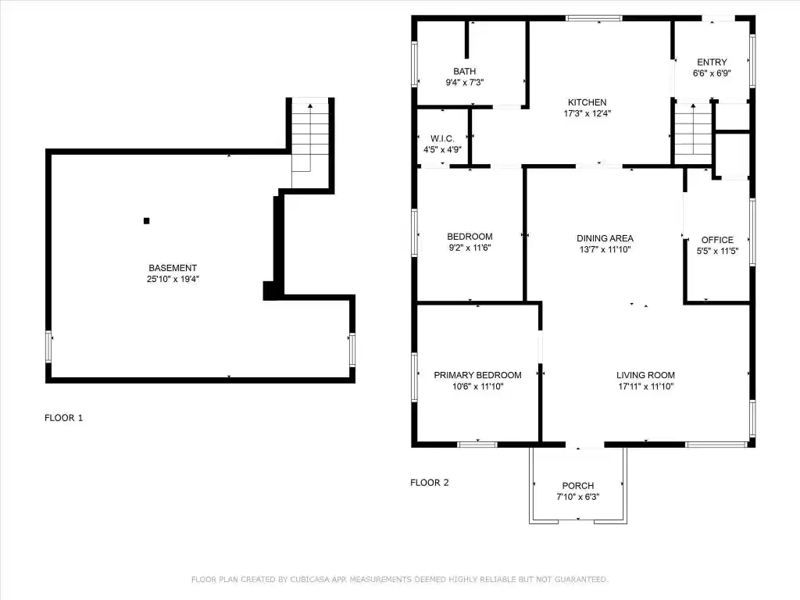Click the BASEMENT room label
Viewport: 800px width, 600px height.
(x=173, y=268)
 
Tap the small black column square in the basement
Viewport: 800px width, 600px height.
(x=146, y=221)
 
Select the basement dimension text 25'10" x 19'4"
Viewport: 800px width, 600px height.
(x=173, y=279)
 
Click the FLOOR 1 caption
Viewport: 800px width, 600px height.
(x=63, y=418)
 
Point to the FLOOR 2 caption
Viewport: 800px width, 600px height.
(x=430, y=483)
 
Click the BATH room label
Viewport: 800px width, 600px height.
(x=464, y=71)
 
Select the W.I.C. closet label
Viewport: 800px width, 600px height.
(x=442, y=139)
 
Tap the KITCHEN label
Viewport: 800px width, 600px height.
(x=587, y=102)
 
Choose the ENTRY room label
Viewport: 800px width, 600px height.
(x=712, y=62)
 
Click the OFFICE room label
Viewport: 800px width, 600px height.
(x=717, y=240)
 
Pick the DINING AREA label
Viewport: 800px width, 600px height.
(x=605, y=238)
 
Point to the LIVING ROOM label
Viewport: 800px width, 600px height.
(x=645, y=375)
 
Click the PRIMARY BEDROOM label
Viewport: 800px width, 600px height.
(x=477, y=375)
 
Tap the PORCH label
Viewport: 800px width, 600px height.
(x=578, y=486)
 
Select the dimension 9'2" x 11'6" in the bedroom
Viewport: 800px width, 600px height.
(x=470, y=248)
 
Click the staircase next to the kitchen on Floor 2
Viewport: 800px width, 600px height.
(x=693, y=134)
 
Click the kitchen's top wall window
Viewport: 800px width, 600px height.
(x=594, y=19)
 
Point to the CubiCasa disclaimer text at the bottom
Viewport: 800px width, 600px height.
(x=400, y=580)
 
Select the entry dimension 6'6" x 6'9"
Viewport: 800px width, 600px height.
(x=712, y=73)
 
